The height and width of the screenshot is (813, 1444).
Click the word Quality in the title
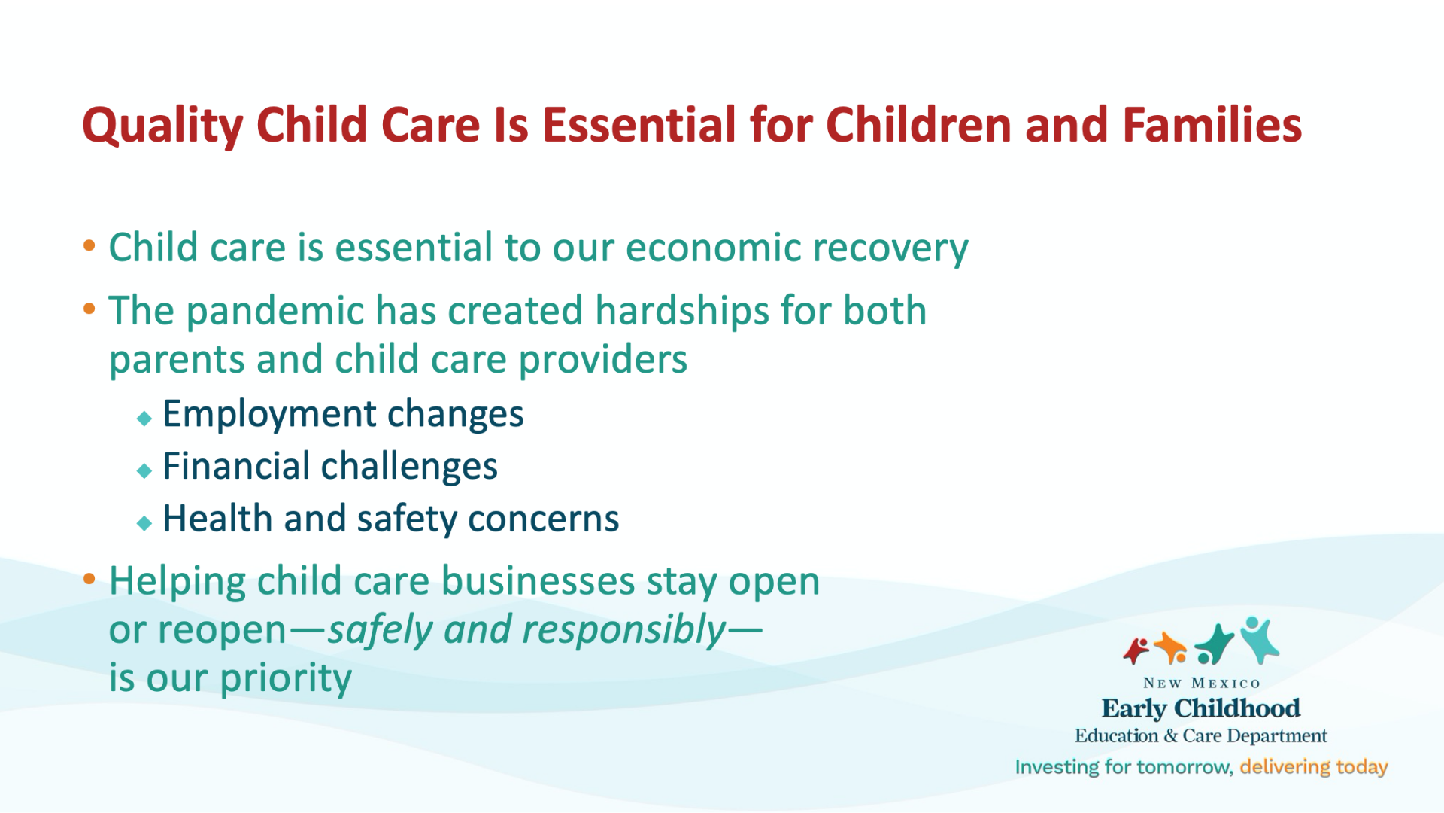point(162,126)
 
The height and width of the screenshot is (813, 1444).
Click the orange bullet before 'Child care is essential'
point(89,245)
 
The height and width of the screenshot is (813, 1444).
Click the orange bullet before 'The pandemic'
point(89,309)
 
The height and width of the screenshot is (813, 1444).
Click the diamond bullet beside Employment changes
point(144,419)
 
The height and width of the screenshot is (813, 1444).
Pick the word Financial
point(236,466)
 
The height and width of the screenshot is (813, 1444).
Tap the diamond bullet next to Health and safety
point(144,523)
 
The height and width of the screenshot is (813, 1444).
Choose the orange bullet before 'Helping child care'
point(89,579)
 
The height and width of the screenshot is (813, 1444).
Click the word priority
point(286,679)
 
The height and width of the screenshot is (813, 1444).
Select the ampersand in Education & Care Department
point(1170,736)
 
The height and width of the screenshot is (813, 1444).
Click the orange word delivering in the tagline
point(1285,767)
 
